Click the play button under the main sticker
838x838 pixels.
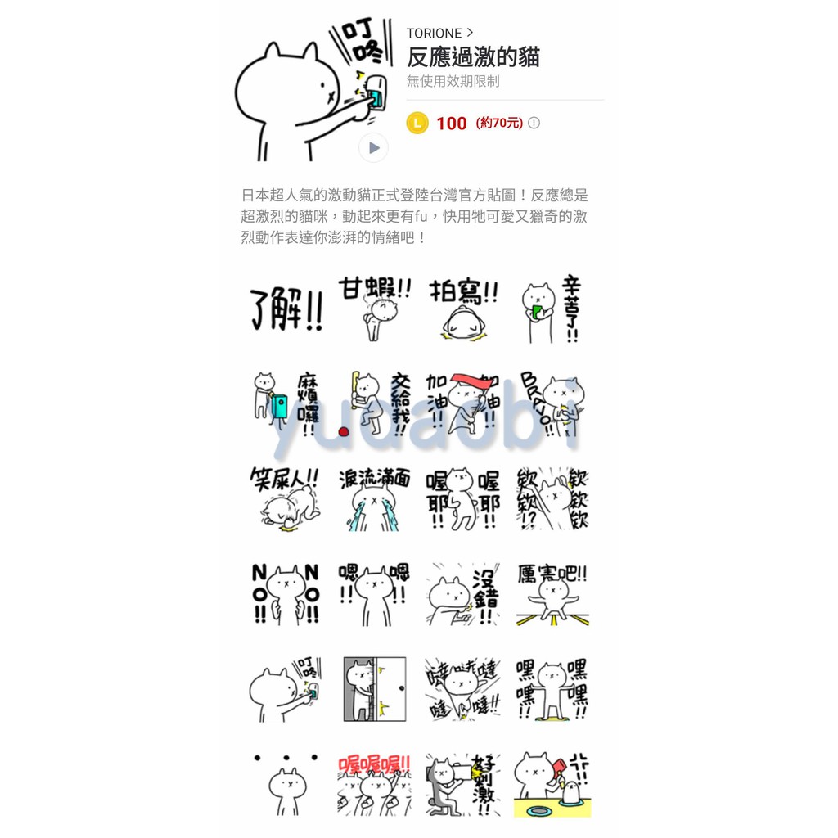click(373, 148)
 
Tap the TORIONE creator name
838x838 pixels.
click(434, 34)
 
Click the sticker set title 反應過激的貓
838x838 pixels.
click(473, 57)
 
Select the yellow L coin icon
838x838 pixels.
click(417, 124)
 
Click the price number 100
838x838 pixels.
click(451, 124)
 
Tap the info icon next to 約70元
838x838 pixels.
click(534, 124)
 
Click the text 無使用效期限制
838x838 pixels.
click(453, 82)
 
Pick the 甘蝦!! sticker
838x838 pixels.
click(375, 309)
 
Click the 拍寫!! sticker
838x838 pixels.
click(463, 309)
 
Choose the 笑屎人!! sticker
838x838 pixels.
click(285, 499)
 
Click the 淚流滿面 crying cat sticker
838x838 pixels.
click(375, 499)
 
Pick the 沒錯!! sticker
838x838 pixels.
click(463, 595)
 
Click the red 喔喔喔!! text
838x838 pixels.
click(374, 764)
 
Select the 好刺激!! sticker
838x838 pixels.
click(463, 784)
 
